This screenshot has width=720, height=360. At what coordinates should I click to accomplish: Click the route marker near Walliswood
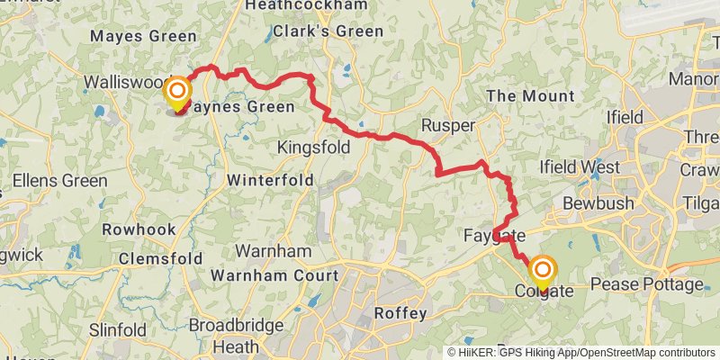(177, 93)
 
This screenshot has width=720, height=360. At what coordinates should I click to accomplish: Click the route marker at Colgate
(544, 271)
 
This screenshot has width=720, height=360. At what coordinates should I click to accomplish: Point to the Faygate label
(494, 237)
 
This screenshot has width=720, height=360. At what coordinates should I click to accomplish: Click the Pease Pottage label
(648, 284)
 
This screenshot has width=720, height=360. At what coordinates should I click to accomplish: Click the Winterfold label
(270, 180)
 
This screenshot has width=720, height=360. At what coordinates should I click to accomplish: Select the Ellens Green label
(61, 180)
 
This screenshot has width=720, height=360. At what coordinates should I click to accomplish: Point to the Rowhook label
(139, 229)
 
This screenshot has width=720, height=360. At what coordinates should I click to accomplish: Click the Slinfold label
(118, 330)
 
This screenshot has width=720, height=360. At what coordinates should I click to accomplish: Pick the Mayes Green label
(143, 36)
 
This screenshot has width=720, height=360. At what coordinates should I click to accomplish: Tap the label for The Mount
(529, 95)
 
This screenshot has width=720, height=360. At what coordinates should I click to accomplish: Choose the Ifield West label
(579, 166)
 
